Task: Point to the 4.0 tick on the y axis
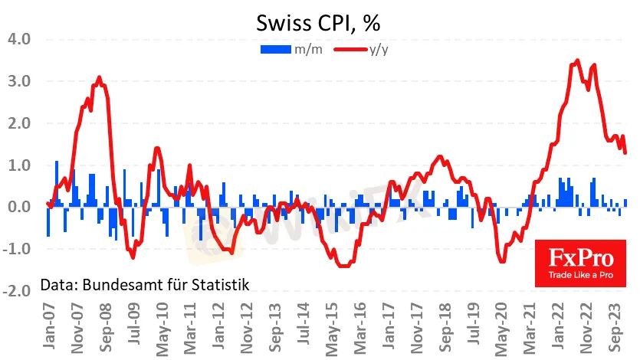(18, 39)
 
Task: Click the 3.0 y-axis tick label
(18, 81)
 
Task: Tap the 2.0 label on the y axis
(18, 123)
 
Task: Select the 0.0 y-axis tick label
(18, 207)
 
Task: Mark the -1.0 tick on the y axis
(17, 249)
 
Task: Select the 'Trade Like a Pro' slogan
(580, 273)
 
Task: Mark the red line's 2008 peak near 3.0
(99, 77)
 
